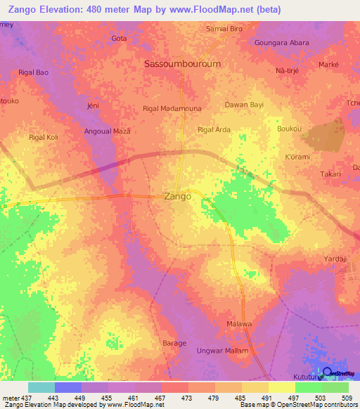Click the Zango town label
177,197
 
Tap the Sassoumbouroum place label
181,63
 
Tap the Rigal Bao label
33,72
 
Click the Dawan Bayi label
243,105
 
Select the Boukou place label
289,129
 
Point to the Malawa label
239,324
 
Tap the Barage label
174,343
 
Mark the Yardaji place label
335,259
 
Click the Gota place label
119,39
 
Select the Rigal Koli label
42,137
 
